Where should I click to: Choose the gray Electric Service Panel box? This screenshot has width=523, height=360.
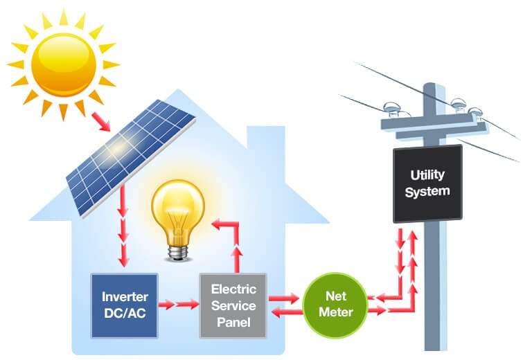pos(233,305)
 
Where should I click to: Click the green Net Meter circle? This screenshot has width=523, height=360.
pos(336,305)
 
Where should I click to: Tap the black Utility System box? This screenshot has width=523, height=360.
pos(427,183)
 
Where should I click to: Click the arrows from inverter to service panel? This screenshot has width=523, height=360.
pos(178,304)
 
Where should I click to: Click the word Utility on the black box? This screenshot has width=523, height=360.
pos(427,175)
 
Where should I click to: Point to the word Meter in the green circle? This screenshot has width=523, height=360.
pos(336,312)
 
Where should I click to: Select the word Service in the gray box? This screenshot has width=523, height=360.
pos(233,305)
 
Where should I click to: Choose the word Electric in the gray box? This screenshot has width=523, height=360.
pos(233,289)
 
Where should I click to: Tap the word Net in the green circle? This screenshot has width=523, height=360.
pos(336,297)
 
